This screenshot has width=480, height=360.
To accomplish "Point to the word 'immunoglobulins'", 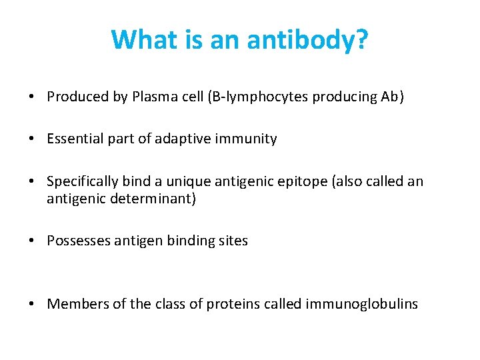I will pyautogui.click(x=361, y=304).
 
